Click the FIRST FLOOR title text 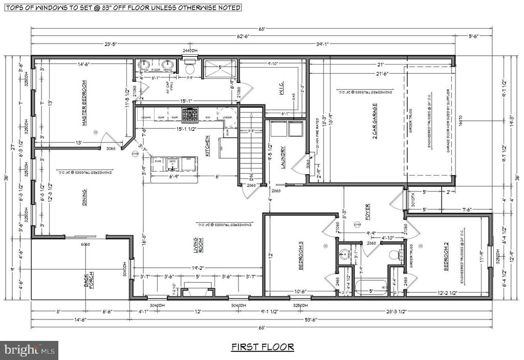263,347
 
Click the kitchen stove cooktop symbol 191,115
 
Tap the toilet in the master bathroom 190,67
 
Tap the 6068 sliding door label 85,244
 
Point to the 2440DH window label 190,51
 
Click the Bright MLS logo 29,350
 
